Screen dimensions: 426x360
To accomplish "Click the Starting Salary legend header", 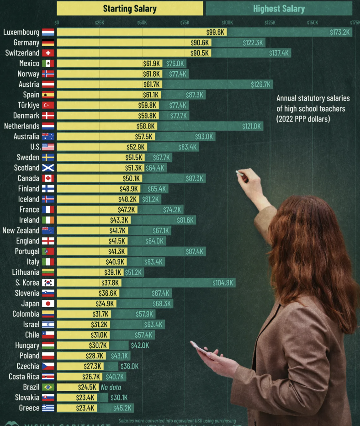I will pos(130,8).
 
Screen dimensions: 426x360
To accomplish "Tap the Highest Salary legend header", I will pos(279,8).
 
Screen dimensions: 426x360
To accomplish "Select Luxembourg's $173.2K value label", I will pos(339,32).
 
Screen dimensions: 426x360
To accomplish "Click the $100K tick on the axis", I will pos(227,22).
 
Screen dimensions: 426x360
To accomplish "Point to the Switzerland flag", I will pos(48,53).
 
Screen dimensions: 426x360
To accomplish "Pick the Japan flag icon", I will pos(48,304).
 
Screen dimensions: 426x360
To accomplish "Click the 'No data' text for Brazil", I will pos(111,387).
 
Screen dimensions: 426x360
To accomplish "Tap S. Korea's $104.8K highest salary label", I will pos(223,283).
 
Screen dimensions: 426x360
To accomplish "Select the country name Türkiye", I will pos(28,105).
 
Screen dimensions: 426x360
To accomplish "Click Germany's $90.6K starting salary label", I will pos(200,43).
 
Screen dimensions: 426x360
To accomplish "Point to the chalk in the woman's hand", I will pos(238,172).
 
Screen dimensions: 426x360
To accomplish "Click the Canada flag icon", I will pos(48,178).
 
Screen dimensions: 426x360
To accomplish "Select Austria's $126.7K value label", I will pos(261,85).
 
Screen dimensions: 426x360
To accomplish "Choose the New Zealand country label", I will pos(21,230).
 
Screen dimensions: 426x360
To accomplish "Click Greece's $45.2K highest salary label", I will pos(123,408).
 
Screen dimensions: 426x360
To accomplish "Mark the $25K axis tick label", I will pos(99,22).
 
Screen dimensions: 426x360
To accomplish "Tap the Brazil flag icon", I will pos(48,387).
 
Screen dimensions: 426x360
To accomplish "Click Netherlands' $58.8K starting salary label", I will pos(146,126).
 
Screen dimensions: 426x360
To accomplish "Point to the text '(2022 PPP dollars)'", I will pos(303,119).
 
